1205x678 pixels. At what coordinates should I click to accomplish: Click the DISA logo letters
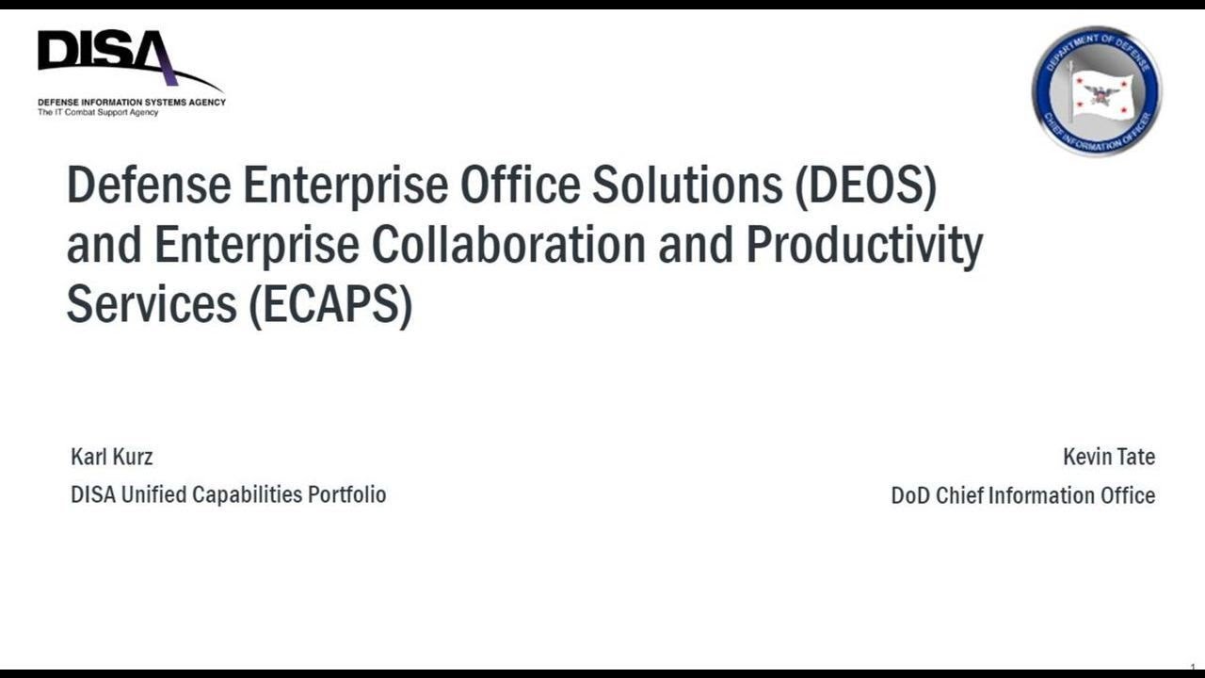(x=104, y=52)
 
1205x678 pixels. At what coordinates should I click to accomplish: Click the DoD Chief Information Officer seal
(x=1097, y=90)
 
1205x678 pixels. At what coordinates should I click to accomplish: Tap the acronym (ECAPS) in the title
(x=330, y=304)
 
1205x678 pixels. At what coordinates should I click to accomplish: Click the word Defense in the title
(x=148, y=186)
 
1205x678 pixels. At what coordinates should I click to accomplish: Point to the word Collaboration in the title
(x=508, y=245)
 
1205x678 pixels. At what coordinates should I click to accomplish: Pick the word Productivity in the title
(x=864, y=245)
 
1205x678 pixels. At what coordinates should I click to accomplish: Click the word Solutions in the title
(x=687, y=186)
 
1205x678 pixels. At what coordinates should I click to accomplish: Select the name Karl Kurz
(x=111, y=457)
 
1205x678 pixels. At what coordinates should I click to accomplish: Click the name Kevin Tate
(x=1108, y=457)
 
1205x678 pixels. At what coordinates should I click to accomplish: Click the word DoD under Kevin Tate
(x=910, y=495)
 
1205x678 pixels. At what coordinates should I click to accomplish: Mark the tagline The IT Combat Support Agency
(x=98, y=113)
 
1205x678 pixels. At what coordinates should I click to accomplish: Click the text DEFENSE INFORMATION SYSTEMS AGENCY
(x=132, y=102)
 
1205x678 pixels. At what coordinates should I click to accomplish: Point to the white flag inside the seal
(x=1099, y=92)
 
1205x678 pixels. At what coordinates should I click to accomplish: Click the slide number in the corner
(x=1193, y=667)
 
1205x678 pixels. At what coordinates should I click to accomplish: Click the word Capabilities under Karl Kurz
(x=247, y=494)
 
